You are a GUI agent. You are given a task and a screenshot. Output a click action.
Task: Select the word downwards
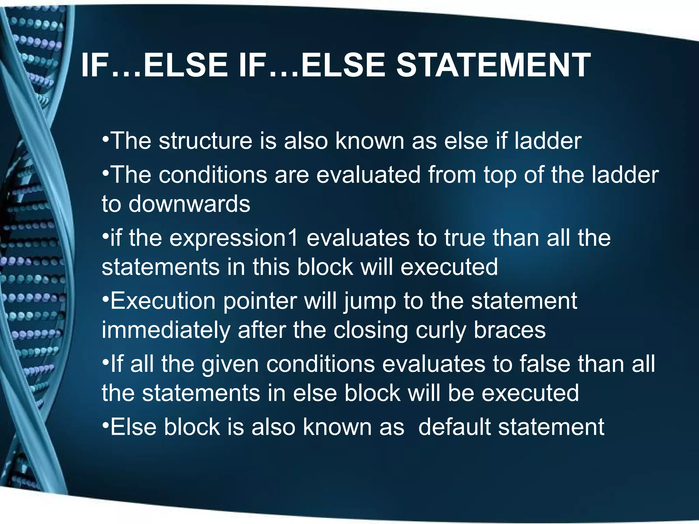(x=189, y=204)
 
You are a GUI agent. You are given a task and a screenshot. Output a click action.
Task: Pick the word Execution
(x=163, y=301)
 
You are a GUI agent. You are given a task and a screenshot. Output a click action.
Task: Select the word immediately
(x=166, y=330)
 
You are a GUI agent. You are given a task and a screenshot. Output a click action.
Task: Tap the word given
(x=230, y=364)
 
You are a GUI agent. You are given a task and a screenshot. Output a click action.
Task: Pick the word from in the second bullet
(x=452, y=175)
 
